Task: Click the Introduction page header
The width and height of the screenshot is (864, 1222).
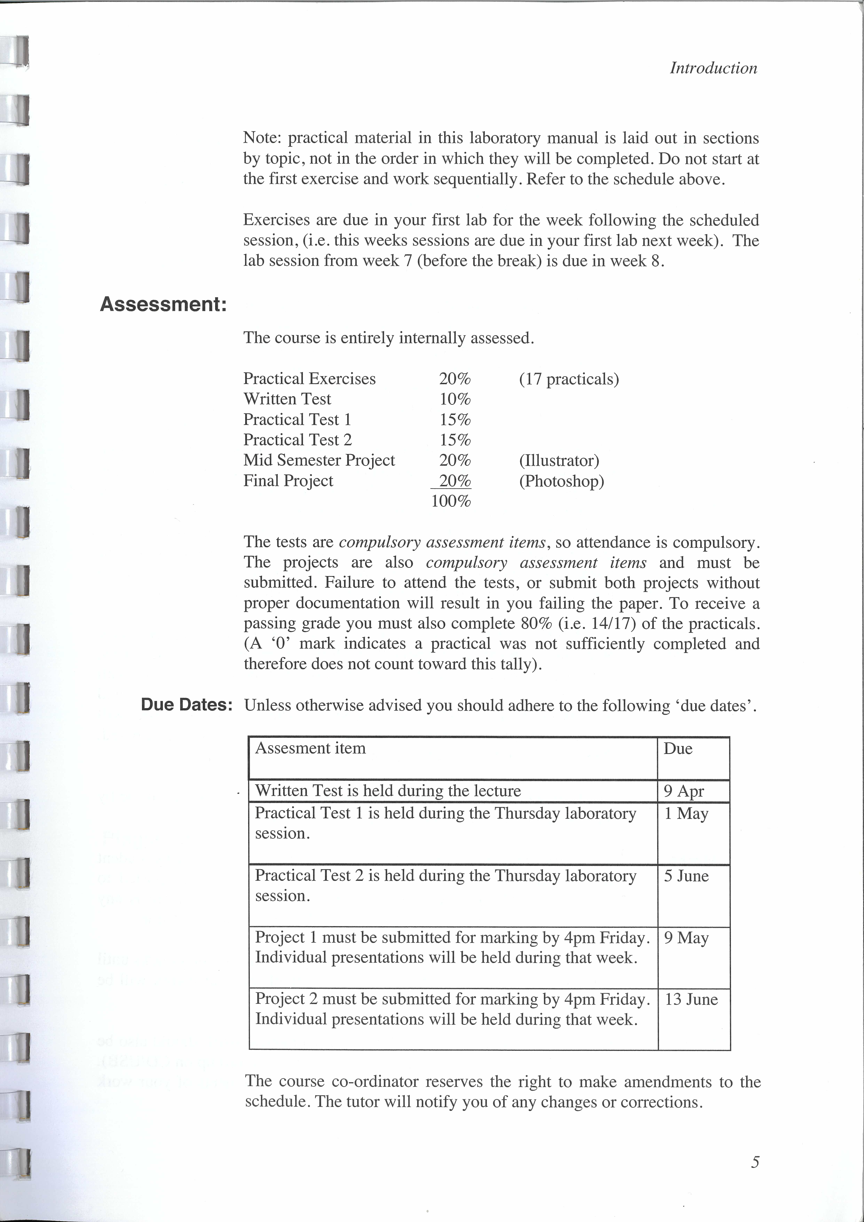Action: pyautogui.click(x=713, y=68)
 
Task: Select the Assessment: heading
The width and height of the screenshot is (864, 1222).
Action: pyautogui.click(x=163, y=304)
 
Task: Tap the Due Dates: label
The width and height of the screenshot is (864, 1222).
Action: pyautogui.click(x=186, y=705)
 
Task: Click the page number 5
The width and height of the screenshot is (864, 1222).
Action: pyautogui.click(x=755, y=1162)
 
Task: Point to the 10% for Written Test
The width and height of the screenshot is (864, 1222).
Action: pyautogui.click(x=455, y=399)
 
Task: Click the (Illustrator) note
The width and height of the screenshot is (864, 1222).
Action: pyautogui.click(x=559, y=460)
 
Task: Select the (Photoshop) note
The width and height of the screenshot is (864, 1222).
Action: pyautogui.click(x=561, y=481)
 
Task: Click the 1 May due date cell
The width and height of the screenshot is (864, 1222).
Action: pyautogui.click(x=686, y=814)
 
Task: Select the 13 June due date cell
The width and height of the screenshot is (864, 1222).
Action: pyautogui.click(x=691, y=1000)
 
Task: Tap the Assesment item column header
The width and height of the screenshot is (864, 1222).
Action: pyautogui.click(x=310, y=748)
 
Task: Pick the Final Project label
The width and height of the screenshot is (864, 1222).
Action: pyautogui.click(x=288, y=481)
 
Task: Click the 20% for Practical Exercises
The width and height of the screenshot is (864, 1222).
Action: pyautogui.click(x=455, y=379)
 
